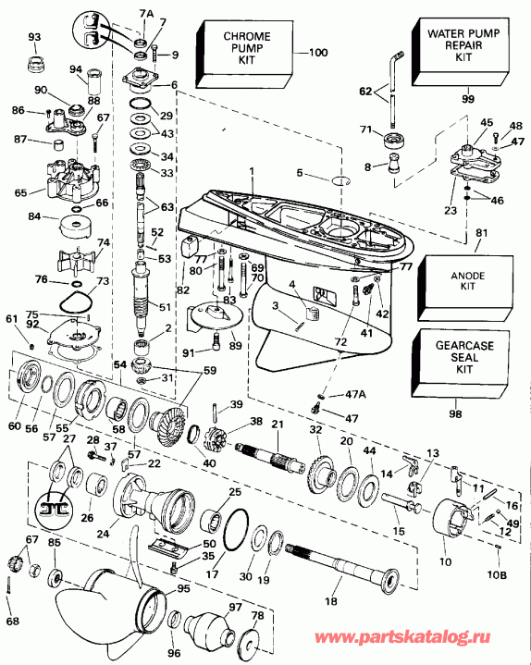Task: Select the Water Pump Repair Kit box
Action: point(463,46)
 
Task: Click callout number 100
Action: point(317,52)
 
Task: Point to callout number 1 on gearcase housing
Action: point(250,170)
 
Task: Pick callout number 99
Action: point(467,97)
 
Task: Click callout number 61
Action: point(11,319)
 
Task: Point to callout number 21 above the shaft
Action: point(276,424)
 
